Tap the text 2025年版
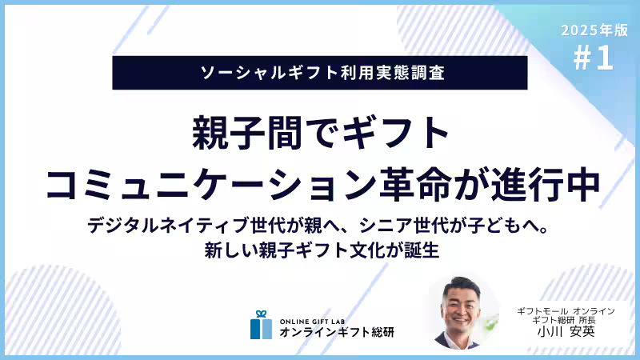594,30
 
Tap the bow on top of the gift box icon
261,314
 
